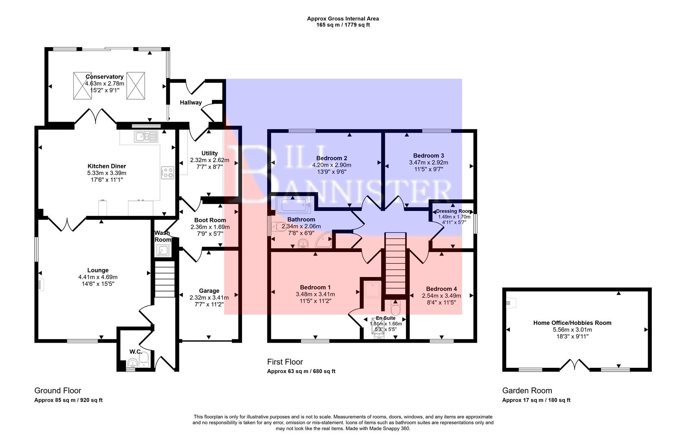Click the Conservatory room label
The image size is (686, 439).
[105, 76]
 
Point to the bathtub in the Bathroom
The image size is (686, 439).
[293, 205]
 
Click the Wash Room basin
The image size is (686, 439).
[164, 251]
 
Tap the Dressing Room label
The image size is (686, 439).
[453, 211]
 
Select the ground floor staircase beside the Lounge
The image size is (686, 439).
[165, 280]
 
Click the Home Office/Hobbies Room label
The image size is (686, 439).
[572, 323]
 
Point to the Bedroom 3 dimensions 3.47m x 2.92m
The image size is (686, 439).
[428, 162]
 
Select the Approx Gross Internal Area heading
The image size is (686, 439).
[343, 18]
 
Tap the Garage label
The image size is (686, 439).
[209, 291]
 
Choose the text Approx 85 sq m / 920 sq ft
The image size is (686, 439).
[68, 400]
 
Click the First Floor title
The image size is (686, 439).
[285, 362]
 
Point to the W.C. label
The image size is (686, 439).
[135, 351]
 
